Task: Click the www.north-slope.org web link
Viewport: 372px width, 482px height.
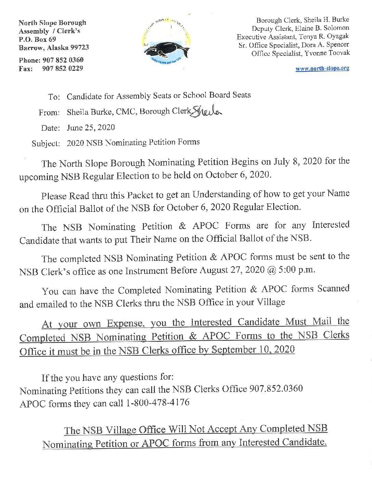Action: coord(322,68)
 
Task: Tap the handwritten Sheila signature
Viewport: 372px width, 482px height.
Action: coord(207,110)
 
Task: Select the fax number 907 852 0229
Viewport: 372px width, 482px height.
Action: coord(63,68)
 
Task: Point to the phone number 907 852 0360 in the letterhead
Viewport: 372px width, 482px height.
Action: coord(63,60)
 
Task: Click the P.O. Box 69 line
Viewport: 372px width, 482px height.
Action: coord(37,39)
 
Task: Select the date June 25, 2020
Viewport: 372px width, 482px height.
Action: coord(91,128)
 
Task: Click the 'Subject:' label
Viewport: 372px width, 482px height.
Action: coord(46,143)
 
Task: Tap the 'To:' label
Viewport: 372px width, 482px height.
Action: coord(54,97)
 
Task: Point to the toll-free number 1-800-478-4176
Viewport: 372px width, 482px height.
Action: coord(158,403)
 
